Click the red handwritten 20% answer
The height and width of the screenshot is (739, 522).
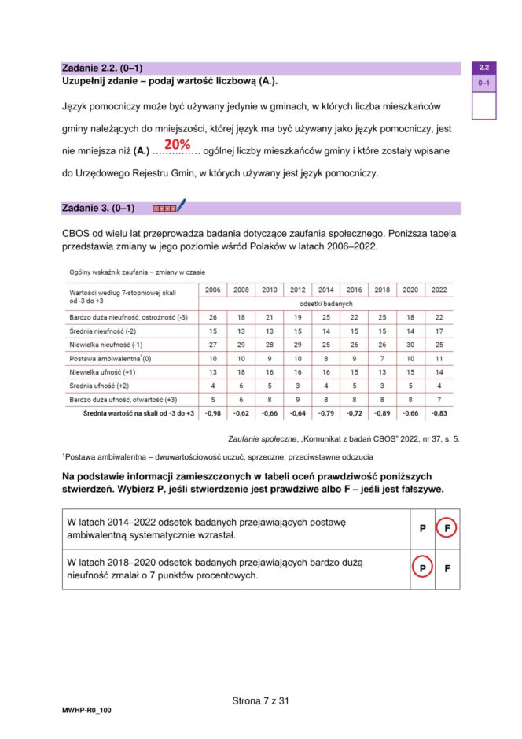pyautogui.click(x=178, y=145)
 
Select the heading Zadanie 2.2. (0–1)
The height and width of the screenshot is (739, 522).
pyautogui.click(x=101, y=68)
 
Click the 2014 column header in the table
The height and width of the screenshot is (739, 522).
pyautogui.click(x=325, y=290)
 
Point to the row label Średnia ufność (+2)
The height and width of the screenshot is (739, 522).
pyautogui.click(x=103, y=385)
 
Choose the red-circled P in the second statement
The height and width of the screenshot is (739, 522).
pyautogui.click(x=422, y=568)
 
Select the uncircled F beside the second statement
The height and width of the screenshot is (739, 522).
pyautogui.click(x=447, y=568)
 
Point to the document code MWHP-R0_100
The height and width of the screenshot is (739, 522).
pyautogui.click(x=86, y=710)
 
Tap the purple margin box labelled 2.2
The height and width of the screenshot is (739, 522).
pyautogui.click(x=484, y=68)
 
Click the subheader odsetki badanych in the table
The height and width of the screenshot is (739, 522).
pyautogui.click(x=325, y=303)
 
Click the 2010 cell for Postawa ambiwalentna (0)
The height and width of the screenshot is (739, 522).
pyautogui.click(x=269, y=358)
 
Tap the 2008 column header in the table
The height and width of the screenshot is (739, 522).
pyautogui.click(x=241, y=290)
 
